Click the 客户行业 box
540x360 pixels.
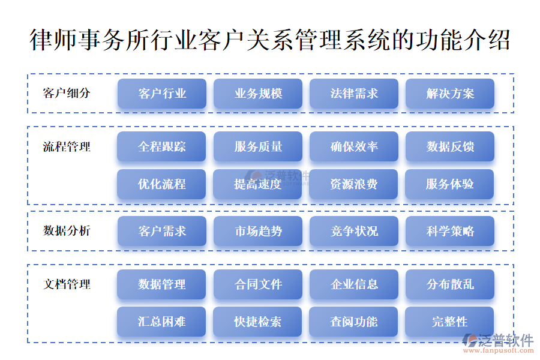point(162,94)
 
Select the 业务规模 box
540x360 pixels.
point(258,94)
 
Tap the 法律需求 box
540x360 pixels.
point(354,94)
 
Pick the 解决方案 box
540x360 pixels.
point(450,94)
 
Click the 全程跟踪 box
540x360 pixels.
point(161,146)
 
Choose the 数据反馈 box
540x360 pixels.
point(450,146)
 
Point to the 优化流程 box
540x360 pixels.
point(161,184)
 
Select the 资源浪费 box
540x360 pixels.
point(353,184)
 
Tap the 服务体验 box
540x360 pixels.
point(449,184)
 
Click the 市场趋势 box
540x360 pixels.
point(258,231)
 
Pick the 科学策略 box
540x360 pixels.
point(450,231)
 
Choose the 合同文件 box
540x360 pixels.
point(258,284)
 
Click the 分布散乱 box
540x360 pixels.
point(450,284)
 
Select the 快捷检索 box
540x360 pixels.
point(257,322)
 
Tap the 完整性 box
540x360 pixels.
point(449,322)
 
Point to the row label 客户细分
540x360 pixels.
point(67,93)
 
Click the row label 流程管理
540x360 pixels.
point(67,147)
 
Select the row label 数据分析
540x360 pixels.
point(67,230)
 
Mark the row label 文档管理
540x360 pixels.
point(67,284)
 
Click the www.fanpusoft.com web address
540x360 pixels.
point(499,350)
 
